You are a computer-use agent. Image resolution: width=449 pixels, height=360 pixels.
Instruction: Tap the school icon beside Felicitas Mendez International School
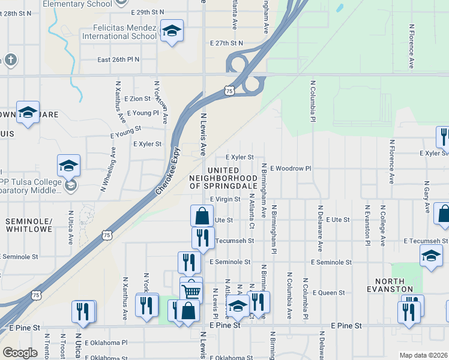coord(172,31)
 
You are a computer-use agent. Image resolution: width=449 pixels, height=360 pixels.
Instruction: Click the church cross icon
coord(10,59)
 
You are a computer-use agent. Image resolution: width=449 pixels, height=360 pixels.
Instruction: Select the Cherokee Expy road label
coord(169,170)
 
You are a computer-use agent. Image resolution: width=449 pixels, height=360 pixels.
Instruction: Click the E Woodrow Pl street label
coord(291,169)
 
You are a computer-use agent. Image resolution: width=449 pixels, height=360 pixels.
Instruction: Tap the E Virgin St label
coord(225,199)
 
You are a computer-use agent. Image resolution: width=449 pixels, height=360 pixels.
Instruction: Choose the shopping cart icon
coord(191,291)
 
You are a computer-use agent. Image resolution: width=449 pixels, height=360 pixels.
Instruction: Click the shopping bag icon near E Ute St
coord(202,215)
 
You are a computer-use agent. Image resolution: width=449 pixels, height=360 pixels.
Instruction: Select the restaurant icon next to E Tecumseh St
coord(203,237)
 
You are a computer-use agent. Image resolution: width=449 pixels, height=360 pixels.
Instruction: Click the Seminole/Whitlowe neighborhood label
coord(29,226)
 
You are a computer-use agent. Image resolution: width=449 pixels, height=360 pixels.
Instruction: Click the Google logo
coord(20,352)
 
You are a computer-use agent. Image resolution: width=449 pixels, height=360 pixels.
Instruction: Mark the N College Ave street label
coord(382,226)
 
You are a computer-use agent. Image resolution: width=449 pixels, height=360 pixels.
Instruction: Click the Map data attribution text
coord(423,355)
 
